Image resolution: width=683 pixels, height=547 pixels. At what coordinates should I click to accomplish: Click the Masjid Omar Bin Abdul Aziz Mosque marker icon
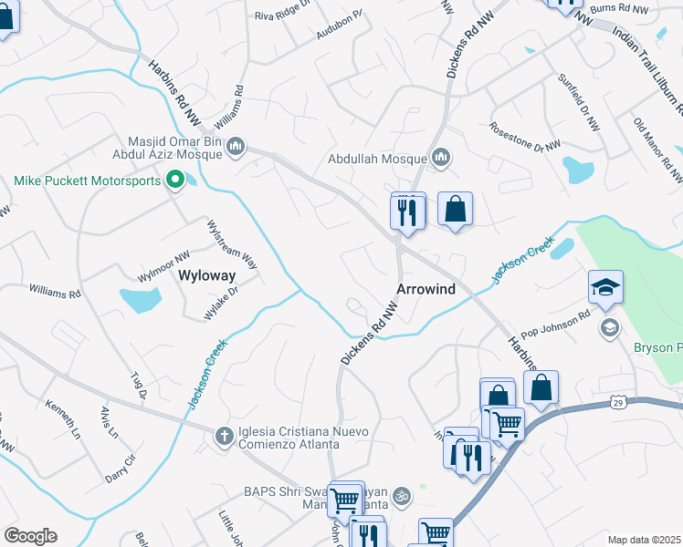pos(236,145)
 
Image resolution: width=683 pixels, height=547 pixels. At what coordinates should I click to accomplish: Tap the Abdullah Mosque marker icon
pos(442,159)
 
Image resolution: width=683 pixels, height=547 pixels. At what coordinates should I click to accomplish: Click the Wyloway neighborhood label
pos(206,274)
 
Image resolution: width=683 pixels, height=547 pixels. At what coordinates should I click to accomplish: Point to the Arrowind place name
pos(426,288)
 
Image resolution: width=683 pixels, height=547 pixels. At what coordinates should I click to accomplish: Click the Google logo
pos(30,536)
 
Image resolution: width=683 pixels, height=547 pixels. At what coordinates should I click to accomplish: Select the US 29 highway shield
pos(618,401)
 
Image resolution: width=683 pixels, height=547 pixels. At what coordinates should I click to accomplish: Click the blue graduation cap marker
pos(605,288)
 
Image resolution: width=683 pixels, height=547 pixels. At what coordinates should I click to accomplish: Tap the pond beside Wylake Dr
pos(140,299)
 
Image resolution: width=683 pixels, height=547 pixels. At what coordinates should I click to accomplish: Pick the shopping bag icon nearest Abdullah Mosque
pos(455,210)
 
